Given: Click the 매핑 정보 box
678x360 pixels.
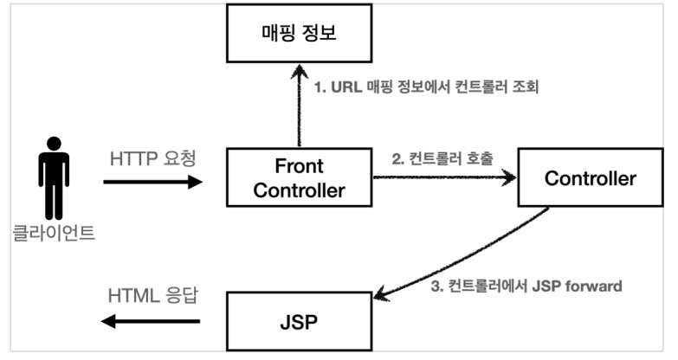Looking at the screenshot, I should coord(299,35).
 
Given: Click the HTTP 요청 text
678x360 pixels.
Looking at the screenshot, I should coord(153,160).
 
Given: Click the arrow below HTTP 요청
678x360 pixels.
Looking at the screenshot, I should coord(152,182).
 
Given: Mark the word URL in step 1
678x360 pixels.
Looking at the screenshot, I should coord(344,88).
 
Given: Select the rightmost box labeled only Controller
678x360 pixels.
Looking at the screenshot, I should coord(590,179).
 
